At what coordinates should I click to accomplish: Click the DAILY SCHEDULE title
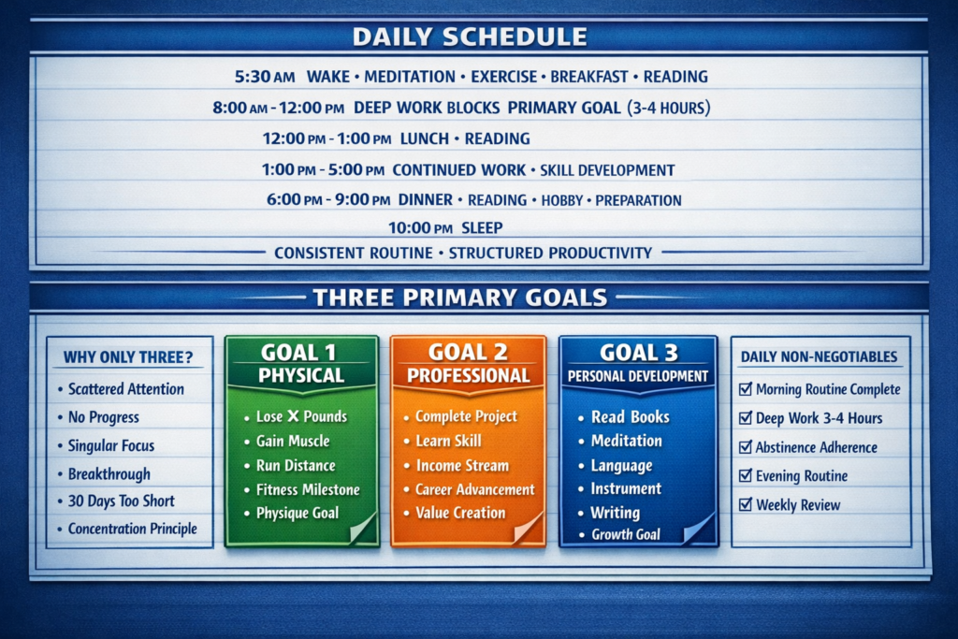pos(470,36)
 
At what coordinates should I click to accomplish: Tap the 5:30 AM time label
pos(265,77)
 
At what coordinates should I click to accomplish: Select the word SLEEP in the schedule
pos(482,228)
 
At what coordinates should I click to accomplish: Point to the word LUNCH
pos(425,138)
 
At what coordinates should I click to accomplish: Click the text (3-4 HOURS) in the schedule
pos(669,109)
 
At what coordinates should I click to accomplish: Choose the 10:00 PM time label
pos(420,228)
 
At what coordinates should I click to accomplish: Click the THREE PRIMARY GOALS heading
pos(460,298)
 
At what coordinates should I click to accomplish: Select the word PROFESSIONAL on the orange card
pos(469,376)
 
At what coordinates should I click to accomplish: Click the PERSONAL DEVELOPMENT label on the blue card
pos(638,376)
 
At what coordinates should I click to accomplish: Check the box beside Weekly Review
pos(746,504)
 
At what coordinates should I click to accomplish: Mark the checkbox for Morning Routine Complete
pos(746,389)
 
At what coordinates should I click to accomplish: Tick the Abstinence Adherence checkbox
pos(746,447)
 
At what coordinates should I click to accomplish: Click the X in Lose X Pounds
pos(293,416)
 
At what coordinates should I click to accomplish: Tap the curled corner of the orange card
pos(529,528)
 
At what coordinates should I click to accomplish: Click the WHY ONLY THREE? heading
pos(128,356)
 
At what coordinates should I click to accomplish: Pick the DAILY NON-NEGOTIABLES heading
pos(819,356)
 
